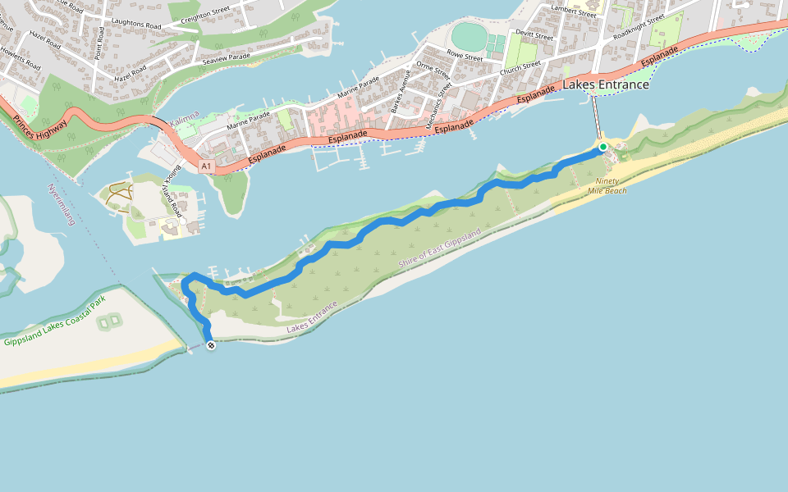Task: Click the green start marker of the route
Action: point(602,147)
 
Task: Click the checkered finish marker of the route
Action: point(211,346)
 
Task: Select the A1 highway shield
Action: point(206,166)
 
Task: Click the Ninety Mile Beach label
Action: point(607,186)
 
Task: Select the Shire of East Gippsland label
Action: point(439,248)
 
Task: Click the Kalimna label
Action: point(185,123)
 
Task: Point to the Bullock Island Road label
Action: point(171,189)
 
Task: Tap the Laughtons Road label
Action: point(136,25)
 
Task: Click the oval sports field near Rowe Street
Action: point(469,37)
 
